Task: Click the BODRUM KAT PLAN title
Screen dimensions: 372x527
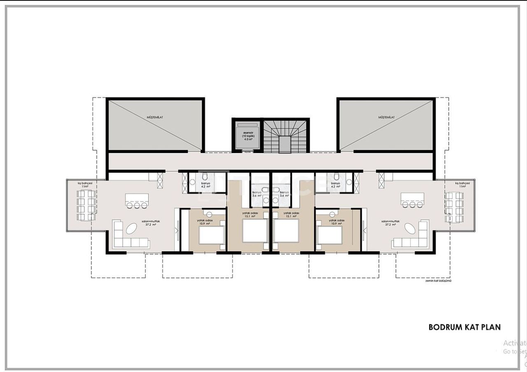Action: (464, 327)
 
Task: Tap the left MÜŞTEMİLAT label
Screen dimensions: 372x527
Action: (155, 117)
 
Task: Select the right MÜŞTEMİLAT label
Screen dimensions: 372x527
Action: (387, 117)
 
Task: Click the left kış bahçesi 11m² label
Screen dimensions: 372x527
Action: (85, 184)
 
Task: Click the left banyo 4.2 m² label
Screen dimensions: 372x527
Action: (206, 184)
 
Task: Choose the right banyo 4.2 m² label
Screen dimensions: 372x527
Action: (336, 184)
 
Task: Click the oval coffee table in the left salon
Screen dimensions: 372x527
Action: (132, 228)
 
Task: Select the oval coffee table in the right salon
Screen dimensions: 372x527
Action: (410, 228)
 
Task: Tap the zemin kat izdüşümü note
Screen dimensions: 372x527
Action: (438, 281)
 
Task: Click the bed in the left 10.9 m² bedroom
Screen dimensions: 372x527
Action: (212, 235)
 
